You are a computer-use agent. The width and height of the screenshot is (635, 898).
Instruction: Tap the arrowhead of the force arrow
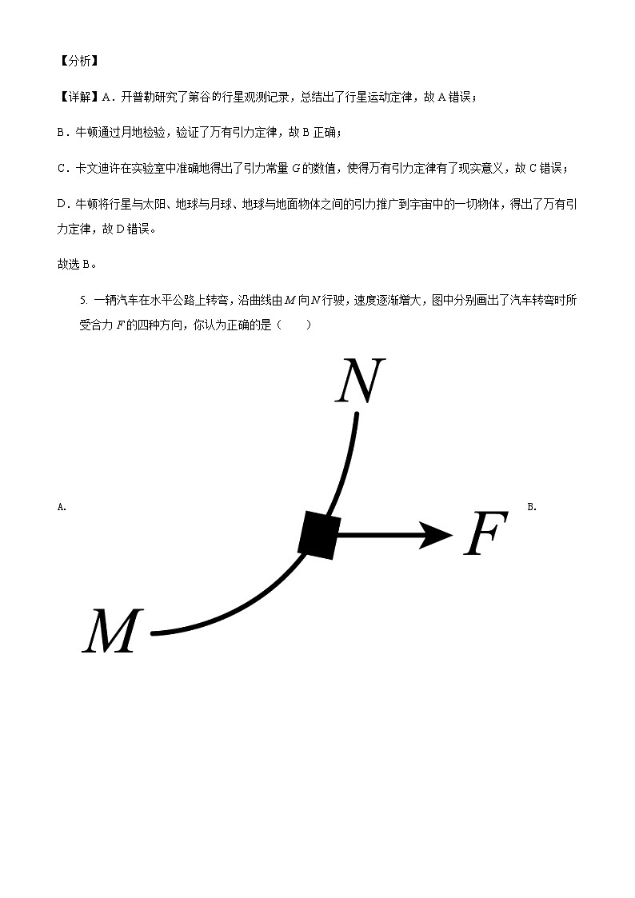(437, 534)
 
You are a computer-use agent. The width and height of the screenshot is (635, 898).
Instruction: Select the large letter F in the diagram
(485, 534)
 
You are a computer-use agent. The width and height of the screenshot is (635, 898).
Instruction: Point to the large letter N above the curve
(360, 381)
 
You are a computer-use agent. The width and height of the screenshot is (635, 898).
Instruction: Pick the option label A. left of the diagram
(62, 506)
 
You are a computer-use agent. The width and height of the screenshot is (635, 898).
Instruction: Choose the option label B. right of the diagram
(532, 506)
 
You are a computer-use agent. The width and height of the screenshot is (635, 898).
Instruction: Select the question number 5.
(83, 301)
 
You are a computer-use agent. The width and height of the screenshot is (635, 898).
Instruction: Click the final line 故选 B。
(78, 265)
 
